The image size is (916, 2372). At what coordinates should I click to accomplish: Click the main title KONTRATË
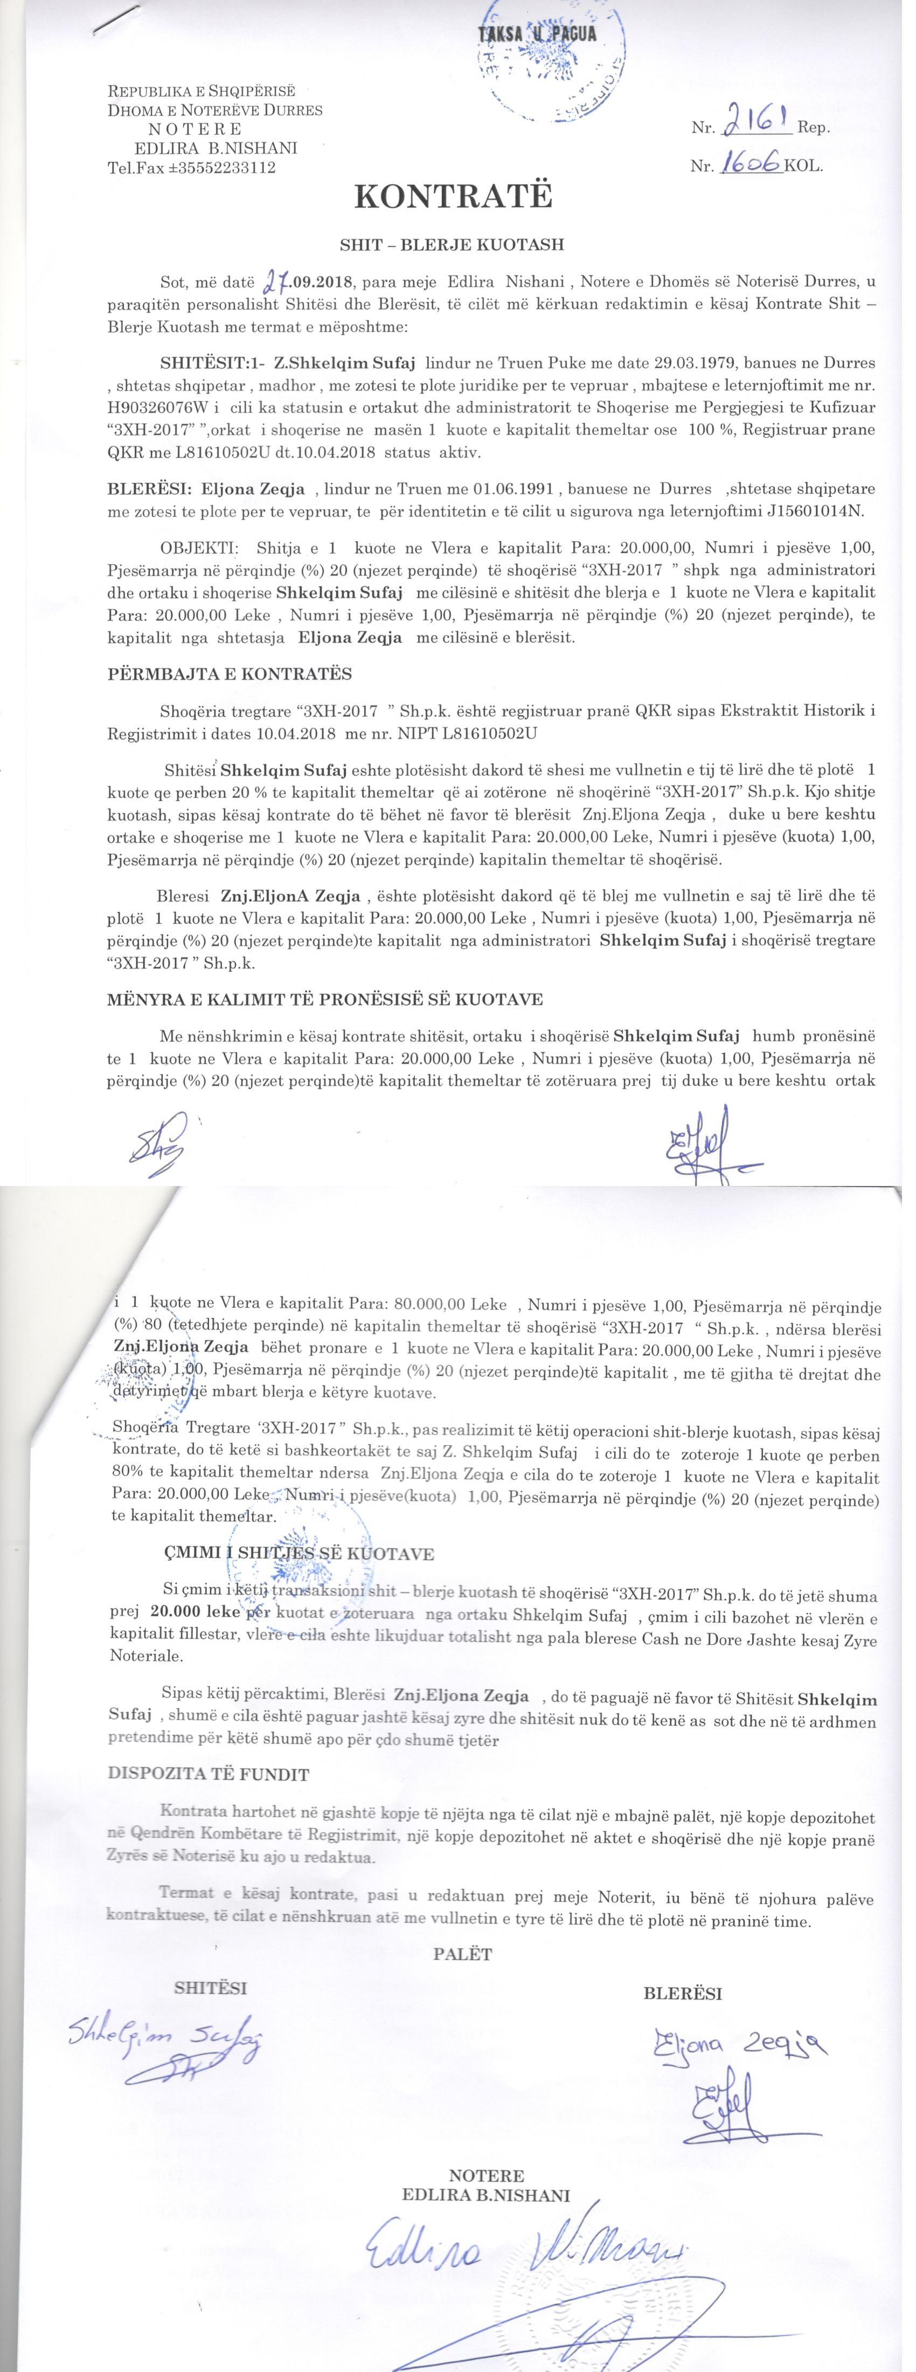pyautogui.click(x=454, y=198)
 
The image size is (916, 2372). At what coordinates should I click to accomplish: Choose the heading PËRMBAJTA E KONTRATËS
pyautogui.click(x=230, y=674)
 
